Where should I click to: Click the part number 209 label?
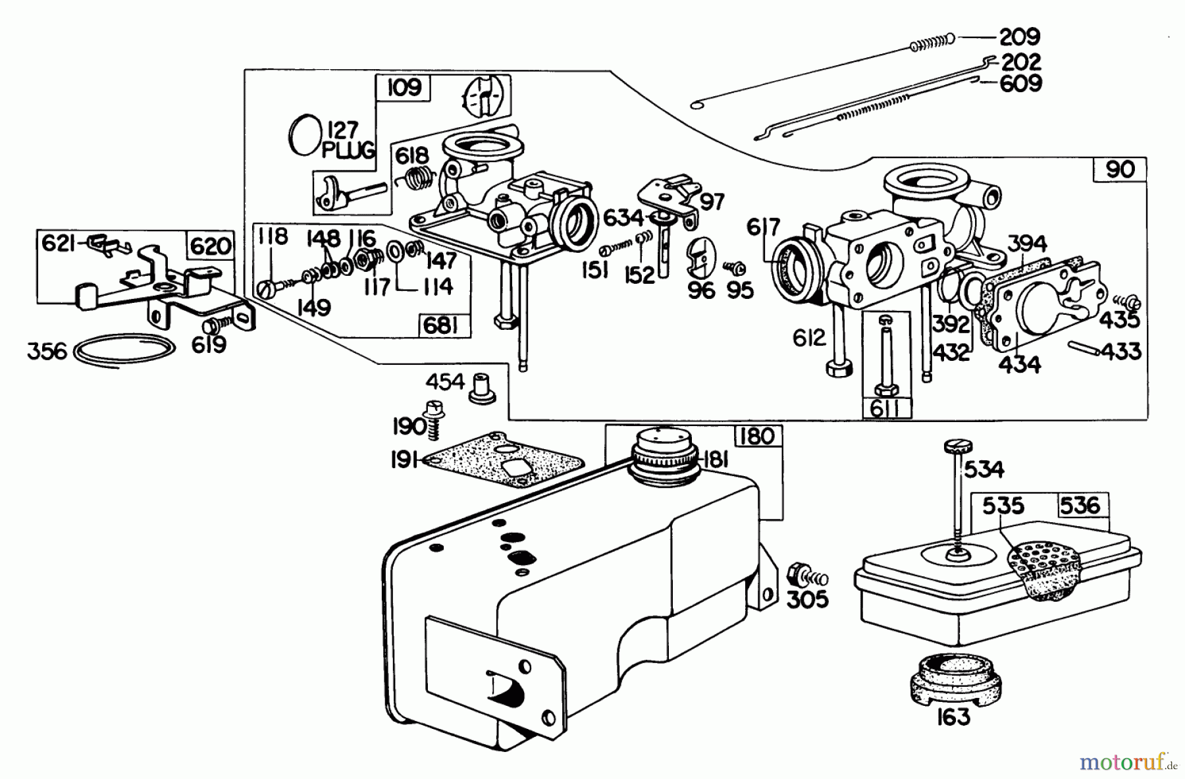pyautogui.click(x=1019, y=36)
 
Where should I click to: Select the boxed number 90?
pyautogui.click(x=1120, y=170)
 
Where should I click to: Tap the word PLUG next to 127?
pyautogui.click(x=348, y=150)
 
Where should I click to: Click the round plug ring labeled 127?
pyautogui.click(x=303, y=136)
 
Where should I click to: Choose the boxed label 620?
pyautogui.click(x=211, y=246)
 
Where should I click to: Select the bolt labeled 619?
pyautogui.click(x=213, y=325)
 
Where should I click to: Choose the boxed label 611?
pyautogui.click(x=886, y=408)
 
